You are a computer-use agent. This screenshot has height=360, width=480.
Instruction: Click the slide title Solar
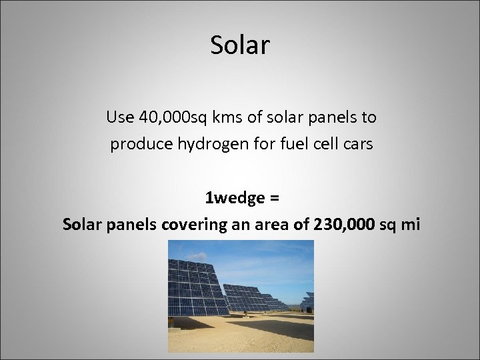240,45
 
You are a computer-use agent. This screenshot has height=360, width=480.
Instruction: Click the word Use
119,118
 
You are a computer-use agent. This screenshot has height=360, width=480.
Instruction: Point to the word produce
137,144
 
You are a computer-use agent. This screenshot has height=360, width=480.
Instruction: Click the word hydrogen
205,144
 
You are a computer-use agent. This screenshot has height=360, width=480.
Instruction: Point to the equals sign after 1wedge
273,198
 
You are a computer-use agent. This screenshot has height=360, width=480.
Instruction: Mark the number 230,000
333,225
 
